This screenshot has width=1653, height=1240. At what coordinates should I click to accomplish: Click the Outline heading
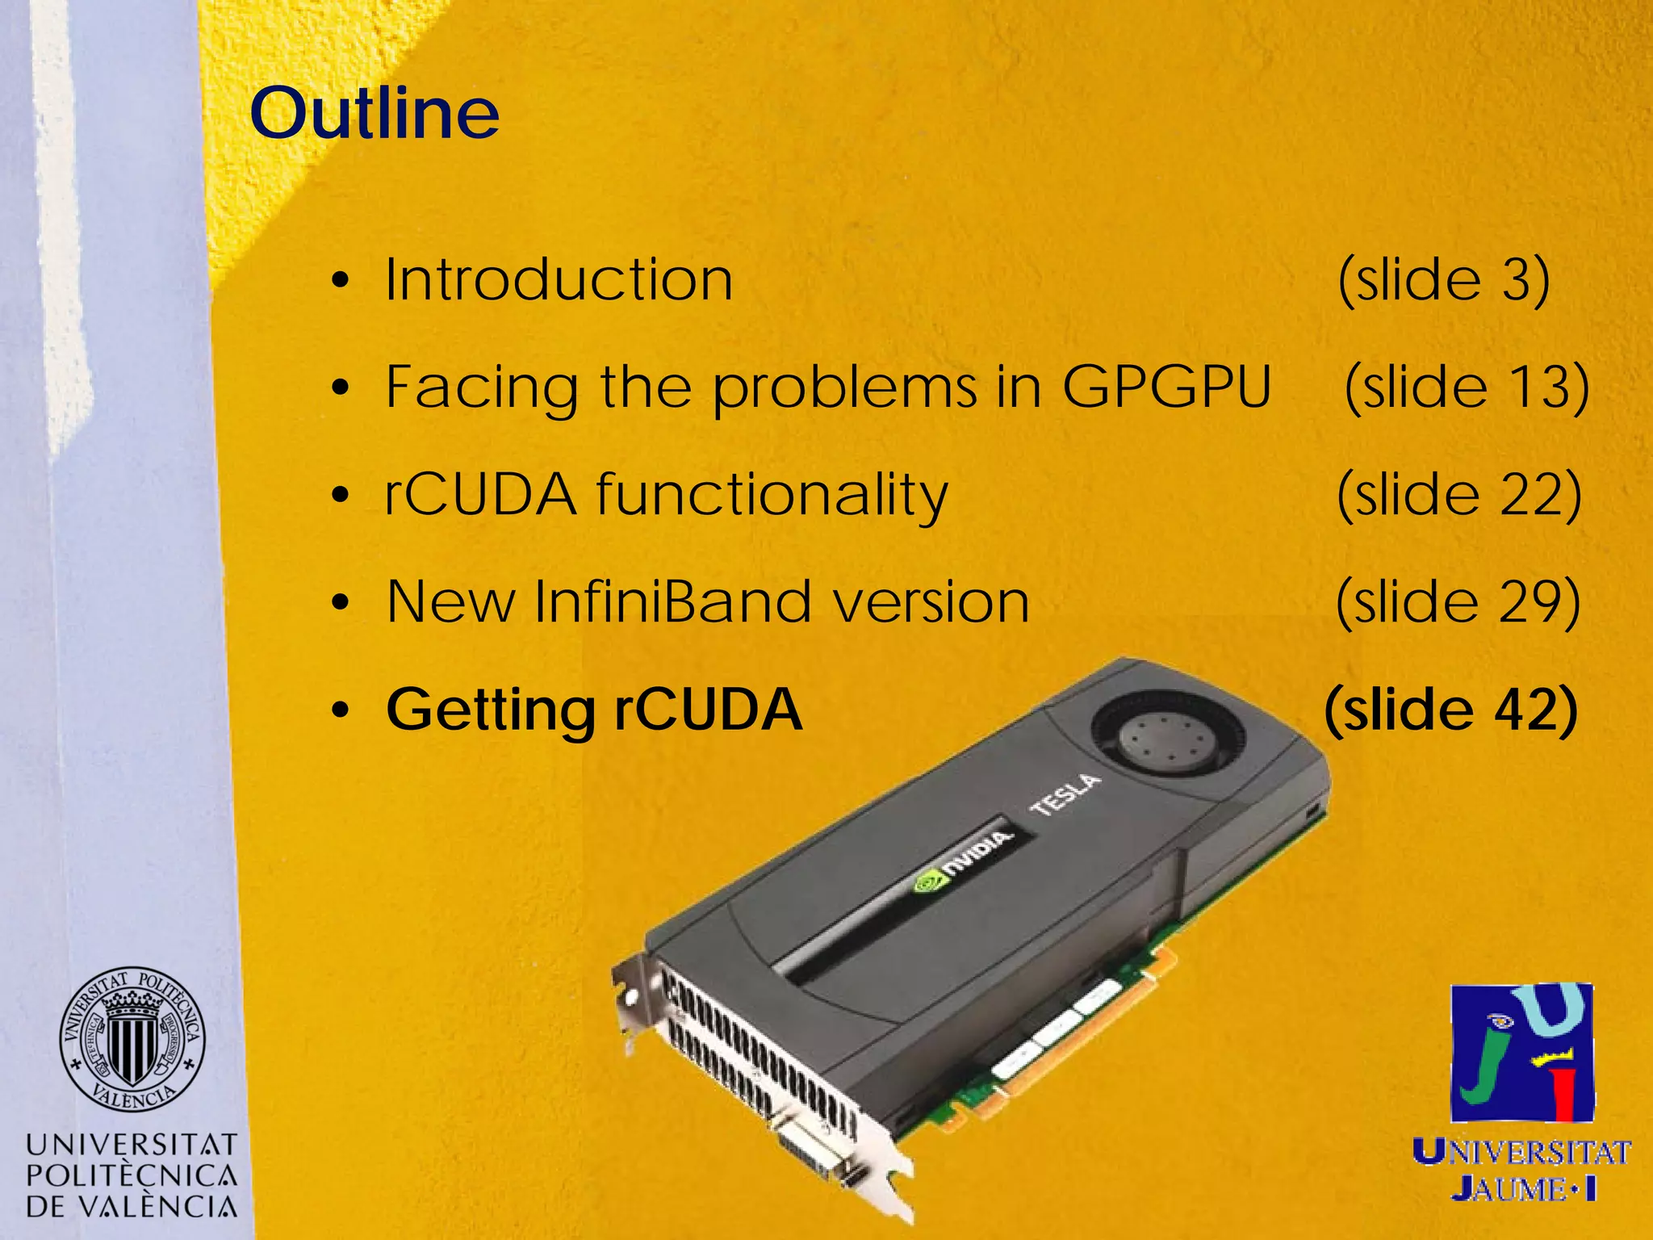(375, 113)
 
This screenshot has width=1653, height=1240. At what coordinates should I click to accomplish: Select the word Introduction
(559, 280)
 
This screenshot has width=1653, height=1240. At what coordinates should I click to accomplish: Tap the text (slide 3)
(1443, 280)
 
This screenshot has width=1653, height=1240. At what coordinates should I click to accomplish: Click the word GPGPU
(1166, 387)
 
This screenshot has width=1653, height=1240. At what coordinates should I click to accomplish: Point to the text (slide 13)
(1467, 387)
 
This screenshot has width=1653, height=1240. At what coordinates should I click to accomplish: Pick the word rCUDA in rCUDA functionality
(480, 494)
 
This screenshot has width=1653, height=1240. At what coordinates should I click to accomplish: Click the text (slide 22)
(1458, 494)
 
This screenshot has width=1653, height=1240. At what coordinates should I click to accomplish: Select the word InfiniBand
(672, 601)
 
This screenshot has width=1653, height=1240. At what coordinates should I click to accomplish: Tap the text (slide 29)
(1458, 601)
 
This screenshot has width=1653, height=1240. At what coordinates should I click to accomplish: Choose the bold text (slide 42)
(1450, 709)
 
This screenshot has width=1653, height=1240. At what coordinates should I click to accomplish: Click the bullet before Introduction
(341, 282)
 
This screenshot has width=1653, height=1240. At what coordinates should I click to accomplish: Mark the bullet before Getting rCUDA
(341, 711)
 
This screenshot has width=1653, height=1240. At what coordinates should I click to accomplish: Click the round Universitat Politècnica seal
(132, 1040)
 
